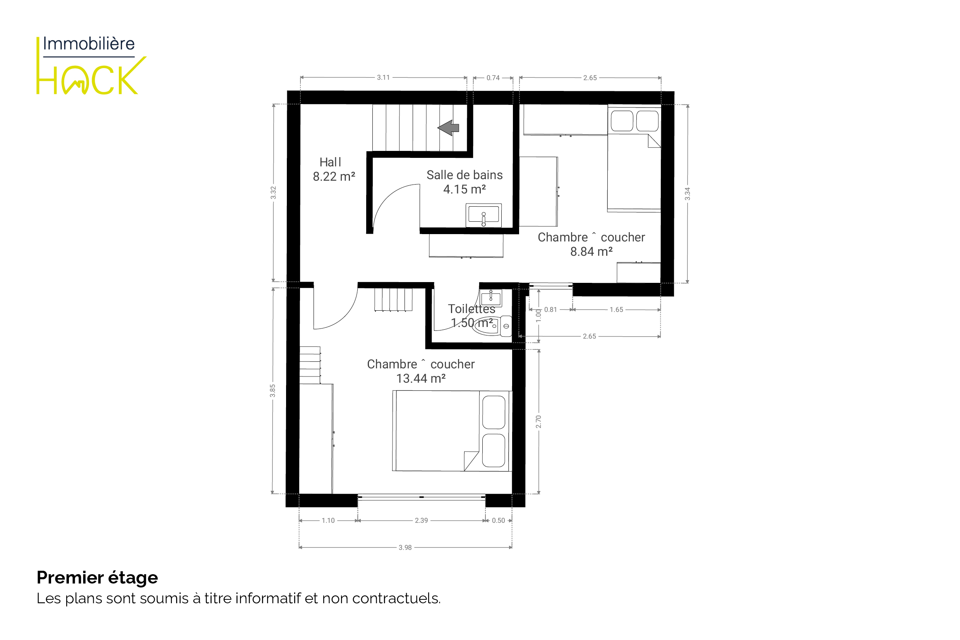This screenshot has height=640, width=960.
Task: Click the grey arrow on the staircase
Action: (448, 128)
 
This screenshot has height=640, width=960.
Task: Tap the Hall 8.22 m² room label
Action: (334, 169)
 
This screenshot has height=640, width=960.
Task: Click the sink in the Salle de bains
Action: (483, 216)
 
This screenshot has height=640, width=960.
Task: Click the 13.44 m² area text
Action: (421, 379)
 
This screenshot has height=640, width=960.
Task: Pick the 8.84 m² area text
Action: (591, 252)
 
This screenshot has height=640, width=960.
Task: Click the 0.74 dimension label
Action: (493, 78)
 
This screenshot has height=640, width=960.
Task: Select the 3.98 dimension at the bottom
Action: (405, 548)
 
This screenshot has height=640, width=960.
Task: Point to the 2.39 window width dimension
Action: (422, 521)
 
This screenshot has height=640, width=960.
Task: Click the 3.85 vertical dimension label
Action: (273, 390)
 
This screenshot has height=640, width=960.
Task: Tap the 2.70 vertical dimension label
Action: (538, 422)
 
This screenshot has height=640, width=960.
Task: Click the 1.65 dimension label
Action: (617, 310)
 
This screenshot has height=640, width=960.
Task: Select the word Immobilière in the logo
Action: (89, 44)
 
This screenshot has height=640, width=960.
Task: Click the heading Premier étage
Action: (97, 578)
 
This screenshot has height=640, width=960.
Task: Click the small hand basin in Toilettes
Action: (491, 298)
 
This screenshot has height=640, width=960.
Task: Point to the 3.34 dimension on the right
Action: (687, 194)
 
